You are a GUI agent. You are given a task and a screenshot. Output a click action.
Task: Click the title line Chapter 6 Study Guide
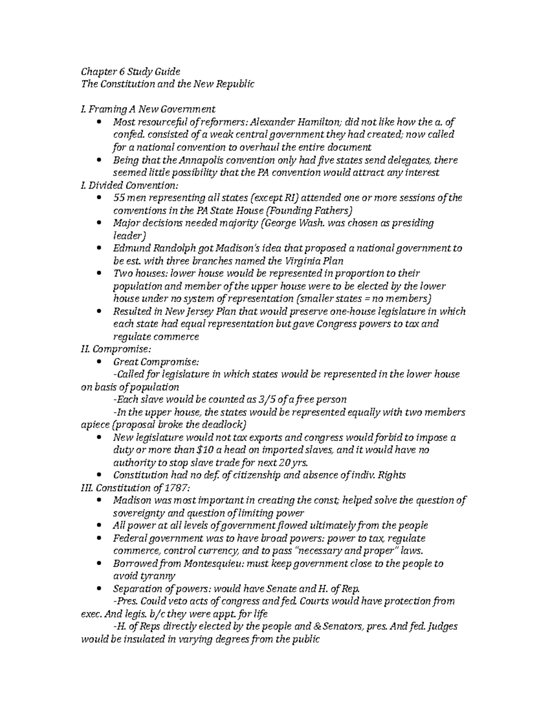[x=131, y=71]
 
